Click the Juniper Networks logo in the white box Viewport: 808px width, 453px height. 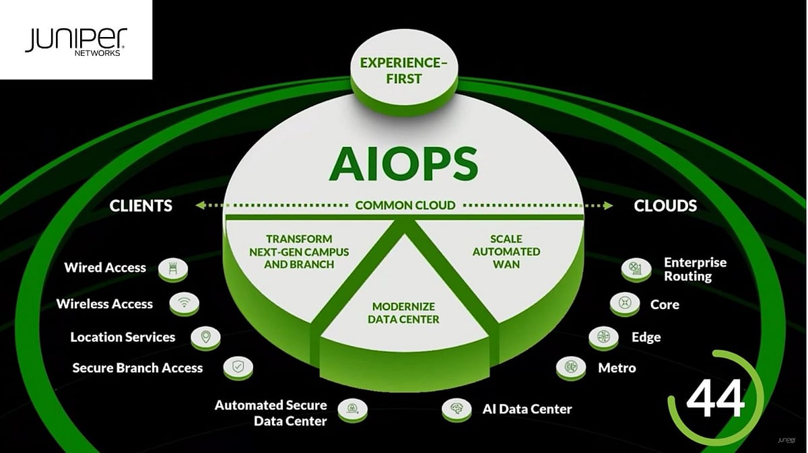(x=75, y=42)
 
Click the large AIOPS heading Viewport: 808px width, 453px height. (x=403, y=161)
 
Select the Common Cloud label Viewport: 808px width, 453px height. (x=405, y=205)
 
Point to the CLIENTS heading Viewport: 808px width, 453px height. (x=141, y=205)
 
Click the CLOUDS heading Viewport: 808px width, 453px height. (x=665, y=205)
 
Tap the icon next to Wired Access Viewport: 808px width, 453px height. (x=173, y=269)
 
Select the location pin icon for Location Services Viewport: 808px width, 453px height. (x=205, y=337)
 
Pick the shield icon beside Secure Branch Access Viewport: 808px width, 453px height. (x=238, y=368)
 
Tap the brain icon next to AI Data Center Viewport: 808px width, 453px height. (x=457, y=409)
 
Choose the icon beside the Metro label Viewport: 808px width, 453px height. (x=570, y=368)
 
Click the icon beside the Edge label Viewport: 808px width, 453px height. (x=603, y=337)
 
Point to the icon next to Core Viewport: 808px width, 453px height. (x=624, y=304)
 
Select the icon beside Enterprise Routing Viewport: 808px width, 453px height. (x=635, y=269)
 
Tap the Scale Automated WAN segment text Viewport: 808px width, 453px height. (x=506, y=252)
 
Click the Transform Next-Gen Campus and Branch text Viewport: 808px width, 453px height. (x=299, y=252)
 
